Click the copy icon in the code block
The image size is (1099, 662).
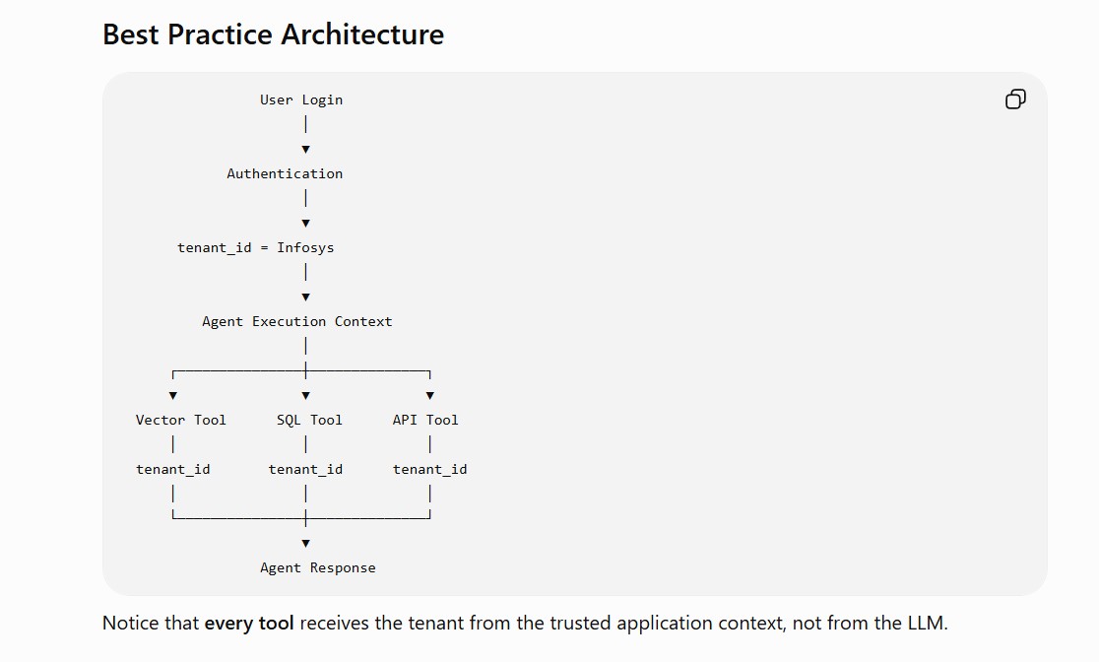coord(1015,99)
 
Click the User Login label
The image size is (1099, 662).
coord(301,100)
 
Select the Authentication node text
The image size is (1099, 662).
coord(285,174)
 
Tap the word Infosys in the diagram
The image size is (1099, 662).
coord(305,248)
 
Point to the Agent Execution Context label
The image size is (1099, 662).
coord(297,322)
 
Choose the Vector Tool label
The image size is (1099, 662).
coord(181,420)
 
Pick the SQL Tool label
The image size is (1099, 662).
coord(309,420)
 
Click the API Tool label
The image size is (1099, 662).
coord(425,420)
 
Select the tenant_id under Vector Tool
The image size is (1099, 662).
coord(173,470)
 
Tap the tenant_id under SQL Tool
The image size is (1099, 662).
coord(305,470)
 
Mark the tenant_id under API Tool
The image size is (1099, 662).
coord(429,470)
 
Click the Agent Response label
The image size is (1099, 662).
coord(317,568)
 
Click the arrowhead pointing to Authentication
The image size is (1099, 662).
coord(305,150)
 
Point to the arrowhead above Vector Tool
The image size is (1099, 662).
coord(173,396)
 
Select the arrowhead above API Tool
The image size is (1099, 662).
coord(429,396)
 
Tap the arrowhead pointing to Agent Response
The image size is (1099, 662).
coord(305,544)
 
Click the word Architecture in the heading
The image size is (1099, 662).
coord(363,34)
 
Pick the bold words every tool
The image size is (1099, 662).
coord(249,623)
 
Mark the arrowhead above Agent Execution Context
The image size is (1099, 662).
coord(305,298)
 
